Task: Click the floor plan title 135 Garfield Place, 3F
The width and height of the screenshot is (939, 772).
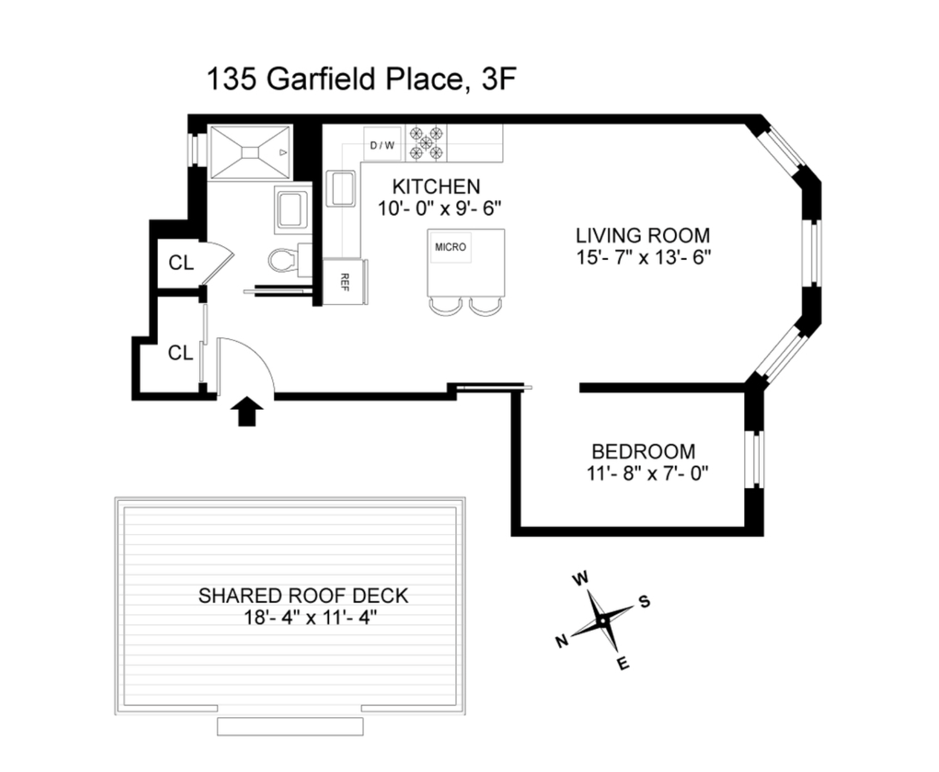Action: [x=361, y=79]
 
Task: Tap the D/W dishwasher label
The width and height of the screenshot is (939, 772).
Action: [x=382, y=145]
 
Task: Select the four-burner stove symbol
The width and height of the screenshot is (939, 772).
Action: [x=426, y=143]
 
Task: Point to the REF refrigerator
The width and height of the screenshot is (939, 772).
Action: [x=344, y=282]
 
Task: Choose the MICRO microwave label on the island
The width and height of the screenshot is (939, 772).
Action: [x=450, y=247]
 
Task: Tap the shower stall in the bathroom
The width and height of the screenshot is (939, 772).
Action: [x=250, y=152]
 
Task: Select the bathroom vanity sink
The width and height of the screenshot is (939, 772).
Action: [x=292, y=209]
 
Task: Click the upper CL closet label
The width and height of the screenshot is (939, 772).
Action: [x=181, y=263]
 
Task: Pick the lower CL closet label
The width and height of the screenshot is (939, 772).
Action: [x=180, y=353]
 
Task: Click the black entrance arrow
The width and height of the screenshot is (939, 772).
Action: [x=247, y=411]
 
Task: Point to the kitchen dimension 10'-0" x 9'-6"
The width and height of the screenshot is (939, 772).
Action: [x=439, y=209]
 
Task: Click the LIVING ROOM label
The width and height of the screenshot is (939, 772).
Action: [x=642, y=235]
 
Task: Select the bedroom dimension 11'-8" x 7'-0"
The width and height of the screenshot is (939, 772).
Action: [x=648, y=473]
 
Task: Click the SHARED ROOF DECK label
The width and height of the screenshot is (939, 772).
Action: [x=303, y=596]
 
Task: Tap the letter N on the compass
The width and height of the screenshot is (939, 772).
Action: [x=561, y=641]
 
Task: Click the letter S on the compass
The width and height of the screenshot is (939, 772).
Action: [x=644, y=601]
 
